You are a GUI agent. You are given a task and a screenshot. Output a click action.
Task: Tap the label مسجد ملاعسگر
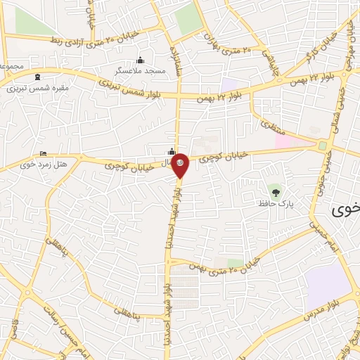pyautogui.click(x=141, y=71)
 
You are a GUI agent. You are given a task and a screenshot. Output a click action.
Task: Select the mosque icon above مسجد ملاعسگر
pyautogui.click(x=141, y=60)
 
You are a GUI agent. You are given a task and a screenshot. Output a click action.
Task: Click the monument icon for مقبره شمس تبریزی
pyautogui.click(x=37, y=77)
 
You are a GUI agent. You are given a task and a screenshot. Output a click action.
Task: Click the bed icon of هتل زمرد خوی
pyautogui.click(x=44, y=153)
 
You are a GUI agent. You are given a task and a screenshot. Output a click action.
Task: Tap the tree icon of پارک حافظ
pyautogui.click(x=276, y=191)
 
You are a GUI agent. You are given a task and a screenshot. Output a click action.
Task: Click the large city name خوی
pyautogui.click(x=347, y=209)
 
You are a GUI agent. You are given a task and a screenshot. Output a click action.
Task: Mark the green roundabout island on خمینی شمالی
pyautogui.click(x=323, y=146)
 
